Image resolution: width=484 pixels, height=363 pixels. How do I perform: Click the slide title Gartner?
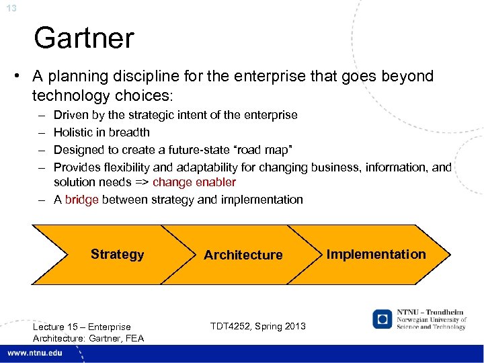84,38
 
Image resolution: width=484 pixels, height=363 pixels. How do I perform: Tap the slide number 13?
12,8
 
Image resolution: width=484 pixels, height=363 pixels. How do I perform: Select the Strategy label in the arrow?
117,254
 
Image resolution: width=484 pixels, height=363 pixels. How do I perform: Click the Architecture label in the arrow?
243,255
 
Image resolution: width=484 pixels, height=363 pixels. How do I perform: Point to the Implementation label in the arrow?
376,254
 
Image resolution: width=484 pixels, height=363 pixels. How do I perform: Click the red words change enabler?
194,182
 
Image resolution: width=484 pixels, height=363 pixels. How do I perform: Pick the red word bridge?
81,200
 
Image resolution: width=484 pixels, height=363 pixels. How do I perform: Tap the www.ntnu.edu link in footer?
35,354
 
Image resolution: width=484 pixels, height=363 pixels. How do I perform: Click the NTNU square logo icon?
383,319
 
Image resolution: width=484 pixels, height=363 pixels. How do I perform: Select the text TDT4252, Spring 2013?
257,326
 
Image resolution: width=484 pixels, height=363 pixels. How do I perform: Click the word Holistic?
73,132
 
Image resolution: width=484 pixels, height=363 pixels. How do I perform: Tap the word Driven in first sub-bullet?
71,115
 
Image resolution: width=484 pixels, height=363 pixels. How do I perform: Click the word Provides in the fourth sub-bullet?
76,167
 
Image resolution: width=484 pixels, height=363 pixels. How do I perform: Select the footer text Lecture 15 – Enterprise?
81,327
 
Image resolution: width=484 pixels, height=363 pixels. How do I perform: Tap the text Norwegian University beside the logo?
430,319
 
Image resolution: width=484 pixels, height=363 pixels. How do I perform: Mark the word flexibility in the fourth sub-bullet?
126,167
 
